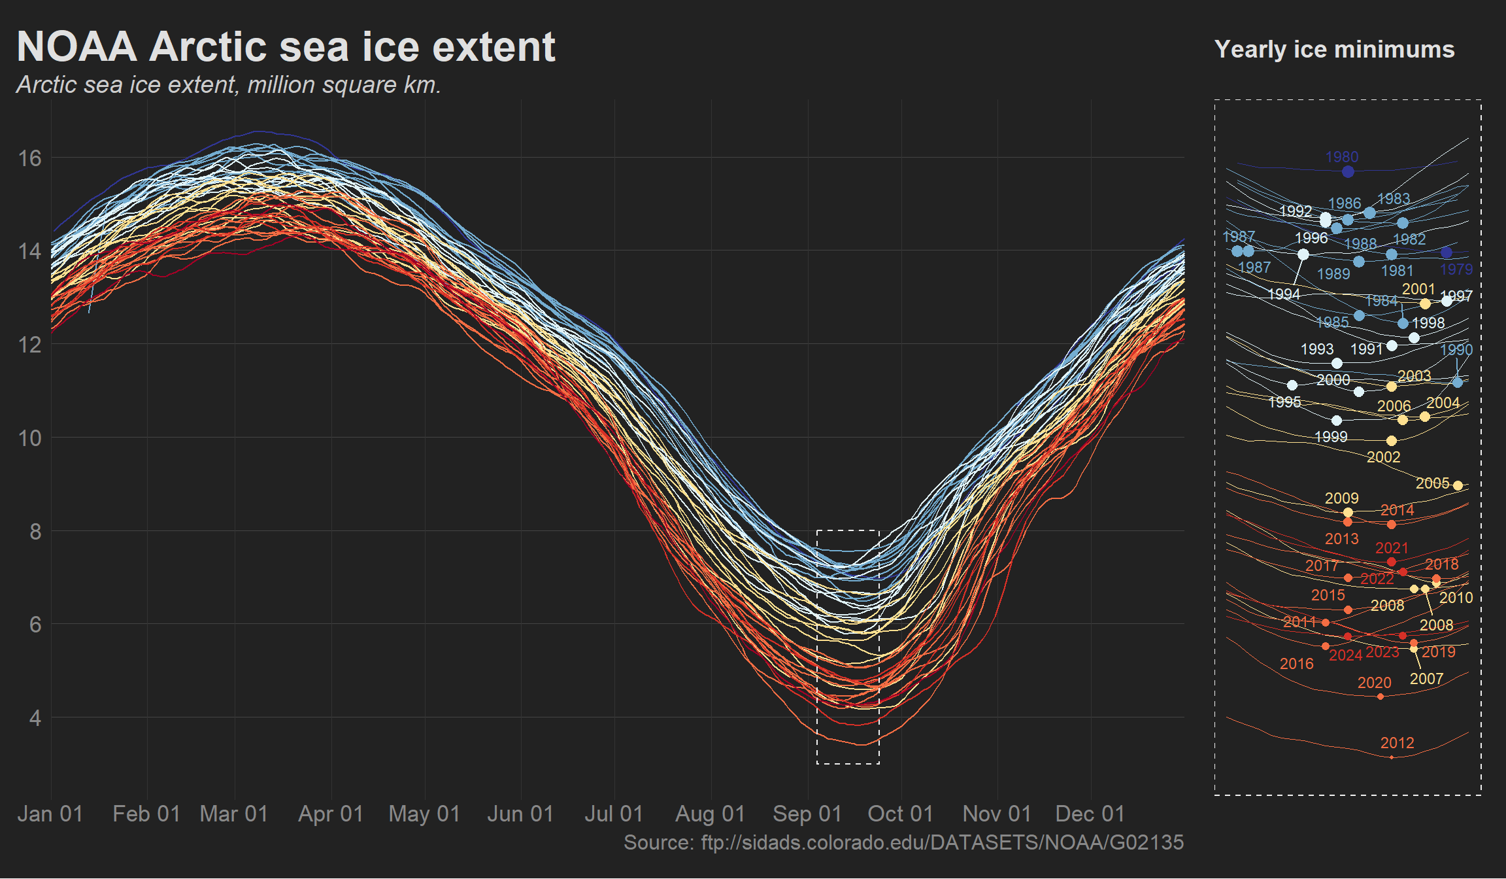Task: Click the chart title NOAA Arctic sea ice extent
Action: (x=286, y=47)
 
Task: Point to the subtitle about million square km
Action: (x=229, y=85)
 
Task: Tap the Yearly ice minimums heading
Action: (x=1334, y=50)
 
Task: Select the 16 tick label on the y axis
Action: (x=30, y=158)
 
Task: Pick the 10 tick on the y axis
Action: (x=30, y=438)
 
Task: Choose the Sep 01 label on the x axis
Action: (x=807, y=814)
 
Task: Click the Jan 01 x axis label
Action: (x=50, y=814)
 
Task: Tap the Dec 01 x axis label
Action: (x=1090, y=814)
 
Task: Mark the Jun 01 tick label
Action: (x=520, y=814)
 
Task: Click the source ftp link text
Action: (x=903, y=842)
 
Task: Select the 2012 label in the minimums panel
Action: (x=1397, y=743)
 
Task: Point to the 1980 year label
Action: (x=1342, y=157)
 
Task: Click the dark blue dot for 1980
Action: (x=1348, y=172)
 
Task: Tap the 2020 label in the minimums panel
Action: (x=1374, y=683)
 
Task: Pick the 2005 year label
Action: (x=1432, y=483)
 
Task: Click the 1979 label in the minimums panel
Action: (x=1456, y=269)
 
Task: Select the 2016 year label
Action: (x=1296, y=664)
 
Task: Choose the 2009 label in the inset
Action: (x=1341, y=498)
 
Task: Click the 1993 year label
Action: (x=1316, y=349)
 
